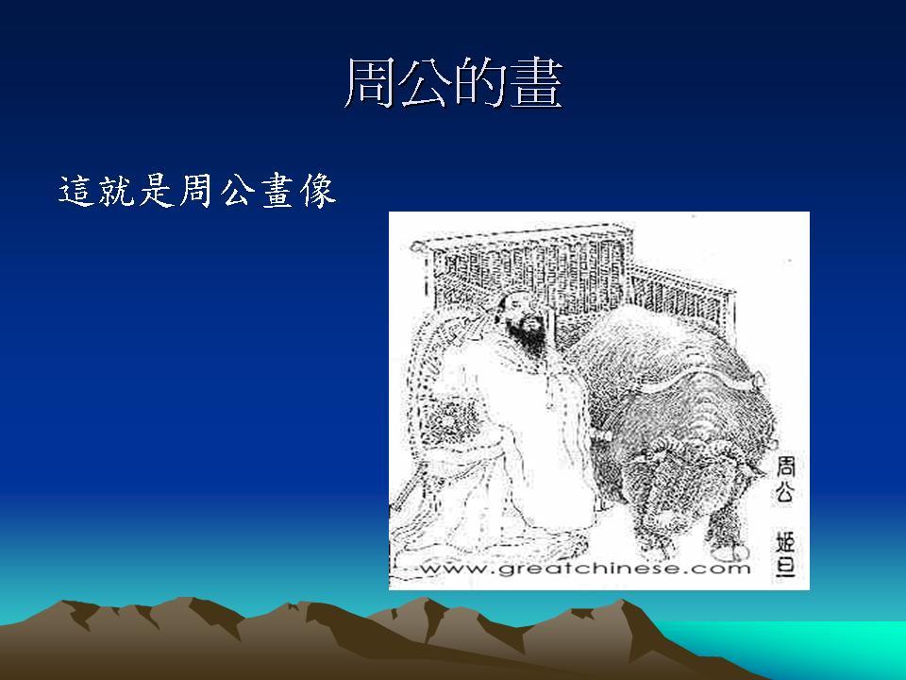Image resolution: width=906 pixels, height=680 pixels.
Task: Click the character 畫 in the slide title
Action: click(x=536, y=84)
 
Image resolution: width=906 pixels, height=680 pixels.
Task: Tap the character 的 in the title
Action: click(x=481, y=84)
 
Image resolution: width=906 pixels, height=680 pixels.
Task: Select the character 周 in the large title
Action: click(x=370, y=84)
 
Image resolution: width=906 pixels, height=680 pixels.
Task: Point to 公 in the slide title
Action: click(x=426, y=84)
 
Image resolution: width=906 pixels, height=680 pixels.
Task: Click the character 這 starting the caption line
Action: click(x=76, y=191)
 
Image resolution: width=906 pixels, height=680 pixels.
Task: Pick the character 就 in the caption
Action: click(x=116, y=191)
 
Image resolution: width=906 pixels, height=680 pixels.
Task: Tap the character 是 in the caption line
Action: click(x=157, y=191)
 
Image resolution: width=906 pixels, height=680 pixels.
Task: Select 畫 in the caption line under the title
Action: click(x=277, y=191)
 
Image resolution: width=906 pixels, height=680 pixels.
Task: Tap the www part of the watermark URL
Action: click(x=455, y=569)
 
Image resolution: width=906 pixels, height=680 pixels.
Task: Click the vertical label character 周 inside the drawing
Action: click(x=785, y=467)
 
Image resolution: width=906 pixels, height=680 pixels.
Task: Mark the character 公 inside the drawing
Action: click(x=785, y=492)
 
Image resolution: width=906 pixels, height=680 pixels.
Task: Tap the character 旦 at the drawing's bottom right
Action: click(x=785, y=566)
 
